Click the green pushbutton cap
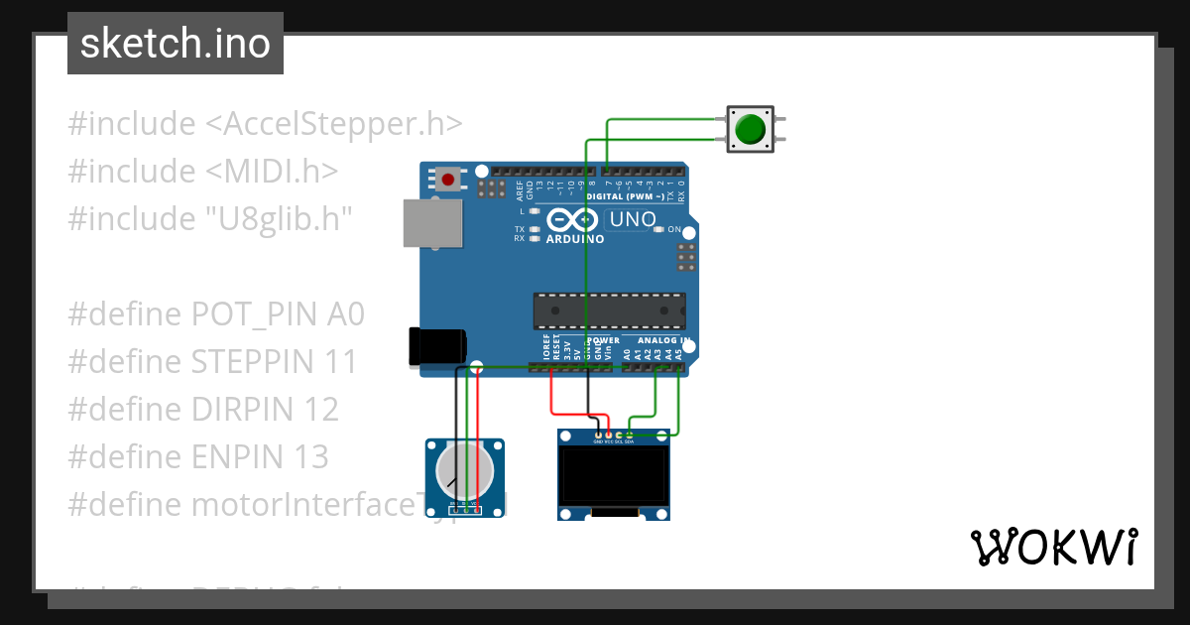click(751, 129)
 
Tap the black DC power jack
click(437, 346)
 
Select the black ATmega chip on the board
click(609, 311)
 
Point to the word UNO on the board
click(632, 219)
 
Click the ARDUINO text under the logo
click(575, 239)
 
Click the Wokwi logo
click(1054, 547)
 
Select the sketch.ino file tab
click(176, 44)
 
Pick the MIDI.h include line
click(203, 171)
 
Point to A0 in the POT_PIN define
click(345, 314)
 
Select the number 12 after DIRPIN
click(321, 410)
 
